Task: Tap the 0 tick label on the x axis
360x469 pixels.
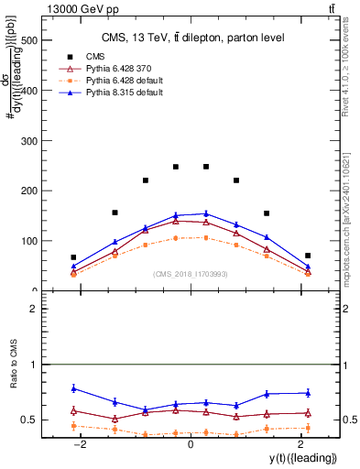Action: pos(190,444)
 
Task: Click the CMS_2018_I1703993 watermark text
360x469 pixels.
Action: pos(190,274)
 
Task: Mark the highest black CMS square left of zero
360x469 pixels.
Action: pos(176,167)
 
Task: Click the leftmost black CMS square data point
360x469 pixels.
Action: pos(73,257)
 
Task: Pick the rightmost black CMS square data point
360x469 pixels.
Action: pos(308,256)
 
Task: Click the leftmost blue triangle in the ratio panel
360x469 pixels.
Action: pos(73,388)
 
